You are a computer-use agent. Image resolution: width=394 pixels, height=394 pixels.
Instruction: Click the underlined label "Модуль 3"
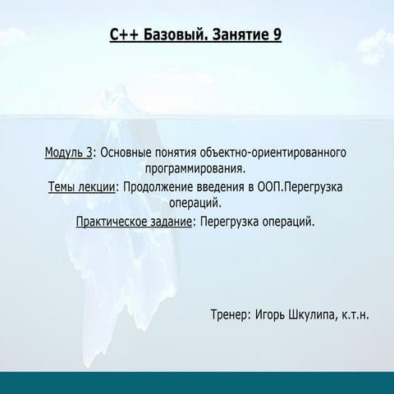68,153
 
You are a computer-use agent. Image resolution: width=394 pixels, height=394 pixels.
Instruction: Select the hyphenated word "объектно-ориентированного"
270,153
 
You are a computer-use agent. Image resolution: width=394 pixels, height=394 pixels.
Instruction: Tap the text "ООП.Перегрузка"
300,187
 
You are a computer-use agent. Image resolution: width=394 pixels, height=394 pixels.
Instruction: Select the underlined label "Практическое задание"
135,222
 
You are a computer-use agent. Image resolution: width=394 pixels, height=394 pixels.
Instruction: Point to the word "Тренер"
229,314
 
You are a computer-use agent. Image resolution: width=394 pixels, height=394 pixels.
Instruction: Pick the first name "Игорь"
272,314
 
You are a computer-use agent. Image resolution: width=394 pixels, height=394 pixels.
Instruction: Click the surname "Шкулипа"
316,314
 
